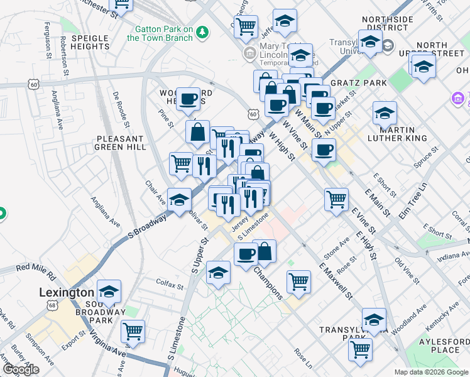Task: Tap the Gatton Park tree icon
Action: (202, 31)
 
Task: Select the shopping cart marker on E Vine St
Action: (336, 199)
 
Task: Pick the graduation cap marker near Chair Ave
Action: (180, 199)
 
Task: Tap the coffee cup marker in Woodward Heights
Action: (188, 99)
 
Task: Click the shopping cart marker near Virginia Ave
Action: (133, 331)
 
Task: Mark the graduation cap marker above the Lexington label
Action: (109, 291)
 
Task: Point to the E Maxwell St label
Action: (336, 281)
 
